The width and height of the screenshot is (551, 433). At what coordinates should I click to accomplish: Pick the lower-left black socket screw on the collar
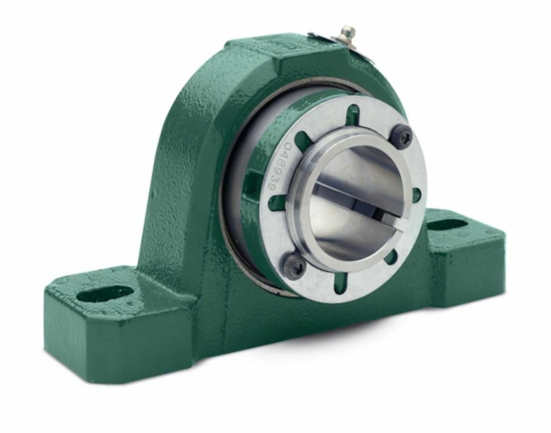pyautogui.click(x=294, y=262)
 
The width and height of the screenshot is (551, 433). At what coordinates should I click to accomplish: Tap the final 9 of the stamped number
pyautogui.click(x=271, y=189)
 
